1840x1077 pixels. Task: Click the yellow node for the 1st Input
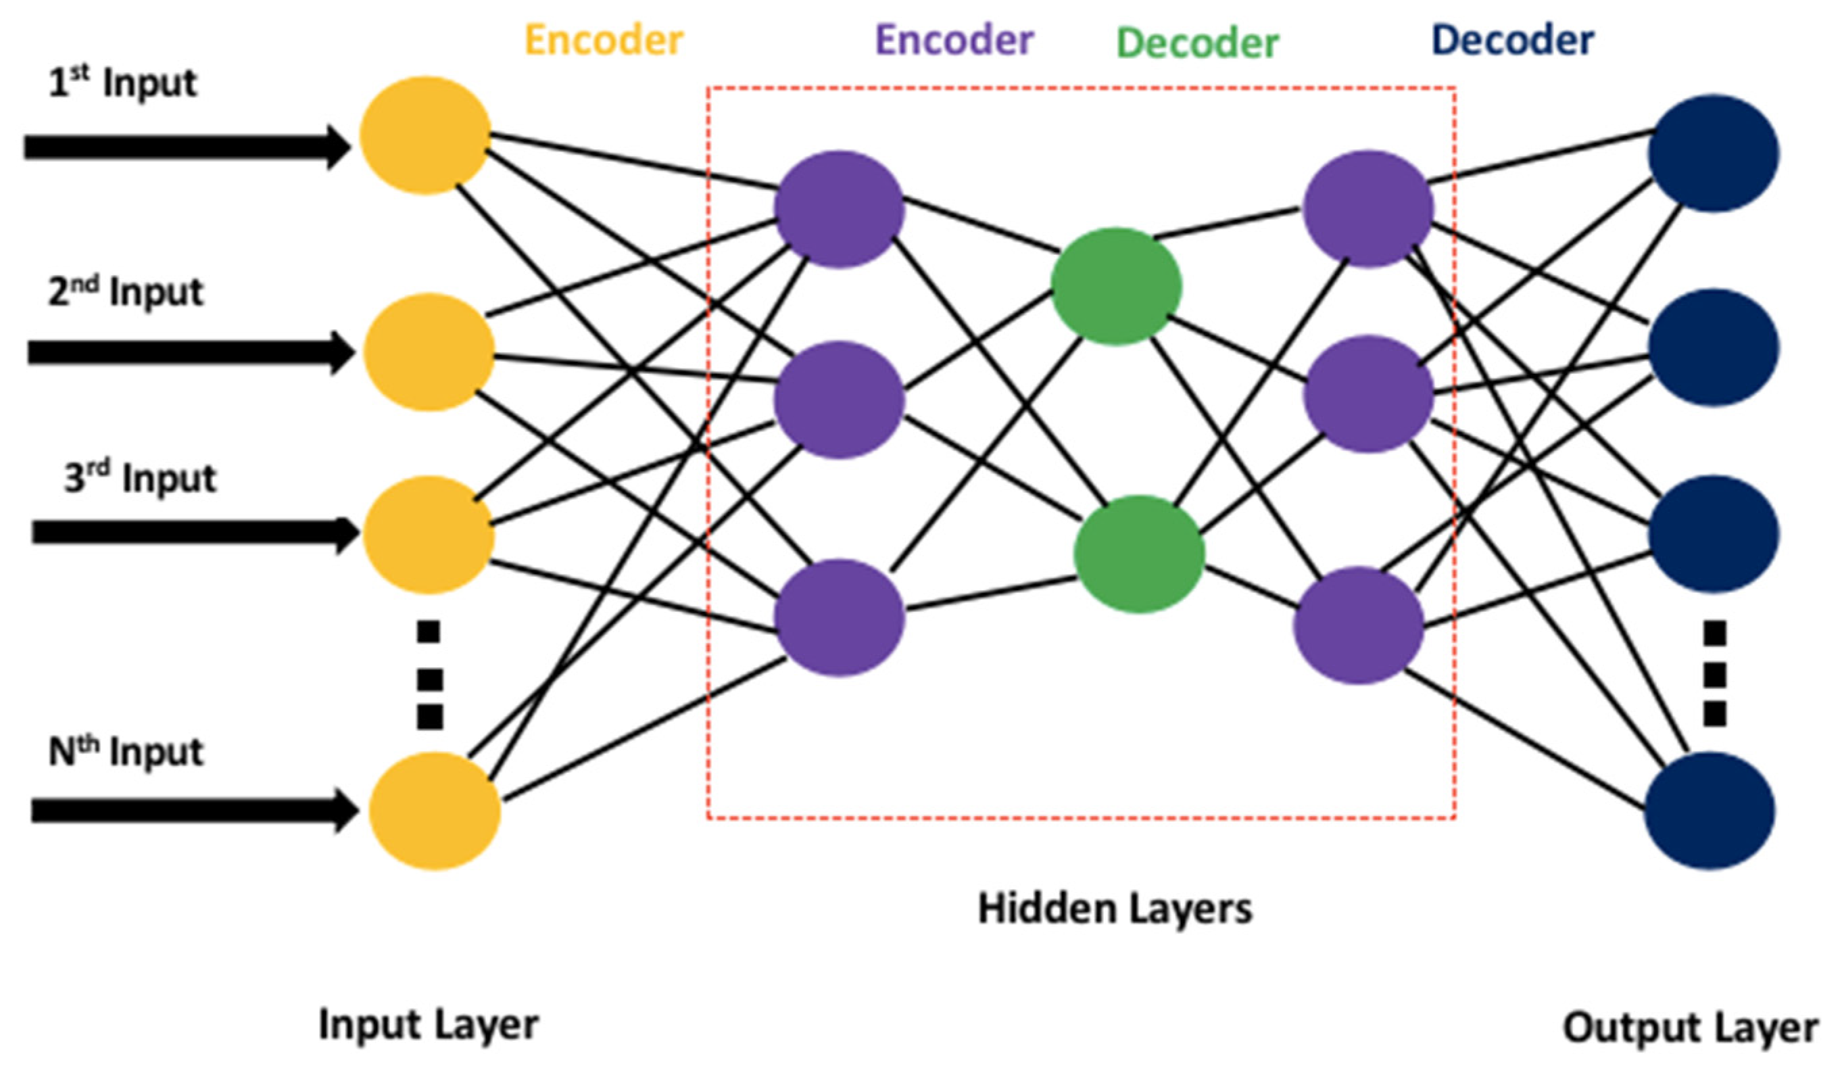[425, 135]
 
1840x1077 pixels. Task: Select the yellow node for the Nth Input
[435, 811]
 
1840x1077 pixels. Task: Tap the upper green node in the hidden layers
[1115, 285]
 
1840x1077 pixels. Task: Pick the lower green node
[1138, 554]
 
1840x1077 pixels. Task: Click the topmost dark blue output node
[1713, 153]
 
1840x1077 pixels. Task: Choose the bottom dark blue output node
[1710, 811]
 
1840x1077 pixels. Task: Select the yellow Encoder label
[604, 40]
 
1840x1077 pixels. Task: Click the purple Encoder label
[954, 40]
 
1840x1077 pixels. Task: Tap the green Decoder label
[1197, 44]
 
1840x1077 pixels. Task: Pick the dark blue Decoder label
[1513, 40]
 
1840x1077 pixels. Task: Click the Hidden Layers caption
[1115, 909]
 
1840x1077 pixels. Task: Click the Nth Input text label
[126, 751]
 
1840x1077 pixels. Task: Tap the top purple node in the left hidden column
[839, 210]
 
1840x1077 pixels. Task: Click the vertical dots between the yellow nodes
[429, 675]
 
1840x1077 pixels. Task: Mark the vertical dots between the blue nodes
[1715, 673]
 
